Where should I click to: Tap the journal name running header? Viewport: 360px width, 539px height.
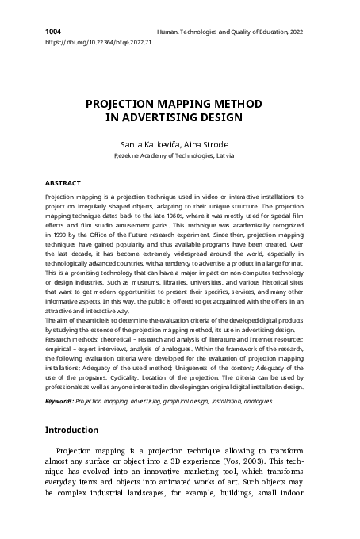point(231,32)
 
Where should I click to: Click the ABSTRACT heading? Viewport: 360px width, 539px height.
point(63,182)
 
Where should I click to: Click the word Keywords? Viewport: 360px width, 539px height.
point(59,402)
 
